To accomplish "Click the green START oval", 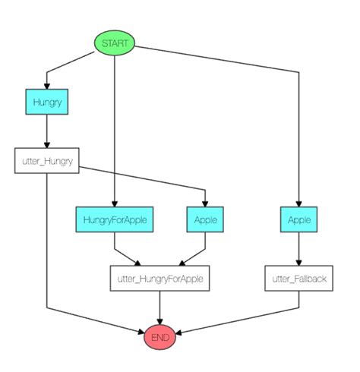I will pos(114,44).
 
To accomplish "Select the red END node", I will pos(160,336).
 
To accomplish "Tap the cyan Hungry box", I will pos(47,102).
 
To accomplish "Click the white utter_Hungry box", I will pos(47,161).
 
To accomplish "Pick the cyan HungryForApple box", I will pos(114,220).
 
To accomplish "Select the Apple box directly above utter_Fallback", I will pos(299,220).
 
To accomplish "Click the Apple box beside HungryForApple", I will pos(206,220).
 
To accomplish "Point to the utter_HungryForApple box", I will pos(160,279).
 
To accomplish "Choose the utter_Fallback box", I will pos(299,279).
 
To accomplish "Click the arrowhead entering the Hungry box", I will pos(47,85).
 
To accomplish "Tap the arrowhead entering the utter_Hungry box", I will pos(47,144).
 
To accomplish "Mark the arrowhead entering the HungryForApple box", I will pos(114,203).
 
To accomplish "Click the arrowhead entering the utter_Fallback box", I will pos(299,261).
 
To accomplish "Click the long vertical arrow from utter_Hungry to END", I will pos(47,243).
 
